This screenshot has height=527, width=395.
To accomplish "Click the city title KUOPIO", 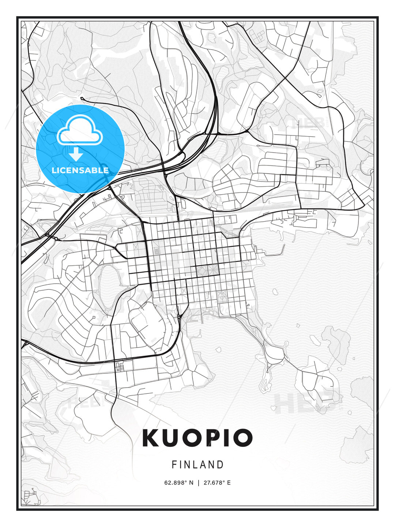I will pos(197,438).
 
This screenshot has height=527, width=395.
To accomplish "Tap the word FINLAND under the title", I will pos(197,465).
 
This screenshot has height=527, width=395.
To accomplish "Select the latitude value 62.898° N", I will pos(178,483).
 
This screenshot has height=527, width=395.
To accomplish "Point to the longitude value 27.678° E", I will pos(217,483).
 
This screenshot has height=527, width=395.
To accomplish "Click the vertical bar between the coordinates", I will pos(198,483).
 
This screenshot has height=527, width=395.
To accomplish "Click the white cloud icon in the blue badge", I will pos(79,130).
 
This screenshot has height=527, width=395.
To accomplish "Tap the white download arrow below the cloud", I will pos(76,154).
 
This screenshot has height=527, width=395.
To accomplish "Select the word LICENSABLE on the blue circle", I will pos(80,170).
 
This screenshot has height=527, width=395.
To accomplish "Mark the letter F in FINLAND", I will pos(174,465).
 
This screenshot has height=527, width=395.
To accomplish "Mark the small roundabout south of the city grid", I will pos(178,315).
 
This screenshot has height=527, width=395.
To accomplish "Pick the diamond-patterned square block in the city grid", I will pos(202,271).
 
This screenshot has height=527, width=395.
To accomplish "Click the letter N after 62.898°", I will pos(191,483).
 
